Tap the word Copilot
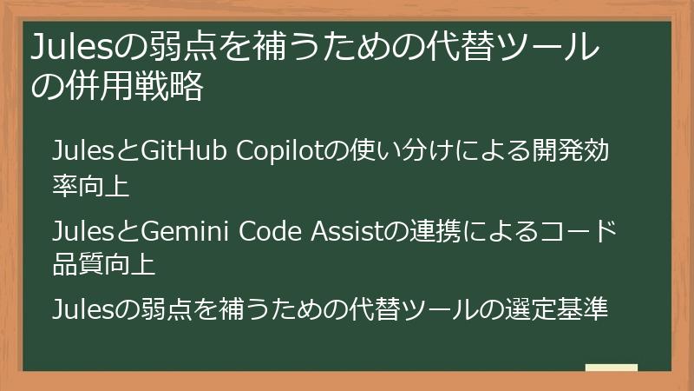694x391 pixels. [x=268, y=150]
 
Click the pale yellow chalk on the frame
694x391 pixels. [x=612, y=368]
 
